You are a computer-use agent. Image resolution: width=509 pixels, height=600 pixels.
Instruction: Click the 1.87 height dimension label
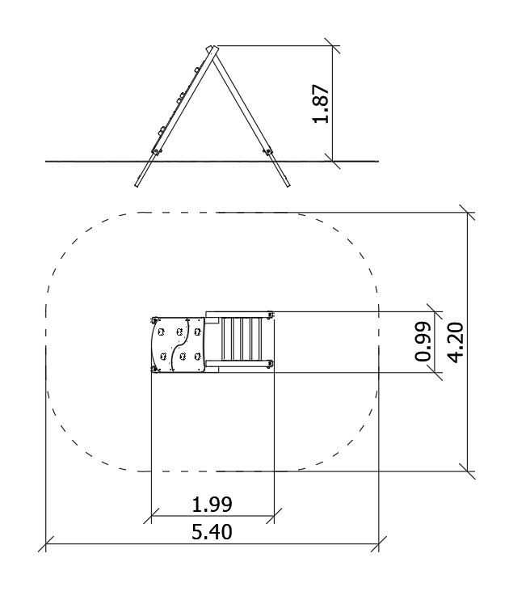[321, 104]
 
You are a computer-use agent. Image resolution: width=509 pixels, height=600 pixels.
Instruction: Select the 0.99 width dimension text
[423, 342]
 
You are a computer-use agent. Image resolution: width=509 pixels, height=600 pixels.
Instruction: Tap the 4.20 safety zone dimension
[456, 342]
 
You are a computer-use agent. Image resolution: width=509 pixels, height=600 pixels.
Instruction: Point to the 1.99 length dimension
[212, 505]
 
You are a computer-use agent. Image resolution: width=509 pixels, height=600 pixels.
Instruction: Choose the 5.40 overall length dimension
[212, 532]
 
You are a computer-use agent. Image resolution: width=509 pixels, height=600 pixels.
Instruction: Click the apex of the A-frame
[212, 49]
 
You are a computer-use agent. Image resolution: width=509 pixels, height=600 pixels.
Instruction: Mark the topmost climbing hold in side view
[197, 70]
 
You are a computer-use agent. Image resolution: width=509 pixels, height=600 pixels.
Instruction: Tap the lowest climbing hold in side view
[162, 132]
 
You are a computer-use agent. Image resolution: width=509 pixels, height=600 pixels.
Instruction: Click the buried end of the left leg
[137, 186]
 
